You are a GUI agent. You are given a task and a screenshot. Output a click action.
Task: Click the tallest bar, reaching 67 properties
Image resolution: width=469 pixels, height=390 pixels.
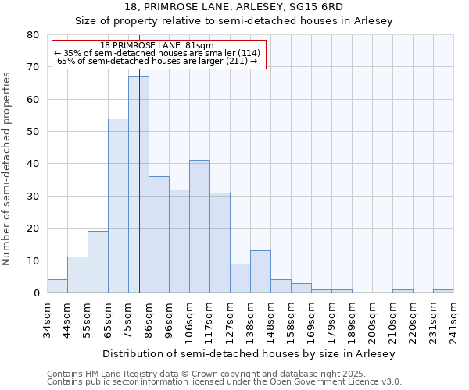coord(138,185)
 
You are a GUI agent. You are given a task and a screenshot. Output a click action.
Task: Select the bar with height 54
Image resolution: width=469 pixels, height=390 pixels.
coord(118,206)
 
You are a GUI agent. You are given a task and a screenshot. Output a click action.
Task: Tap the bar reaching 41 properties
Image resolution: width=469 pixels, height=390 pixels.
coord(199,226)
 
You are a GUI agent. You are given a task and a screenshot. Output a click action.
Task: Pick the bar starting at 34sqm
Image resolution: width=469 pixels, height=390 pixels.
coord(57,286)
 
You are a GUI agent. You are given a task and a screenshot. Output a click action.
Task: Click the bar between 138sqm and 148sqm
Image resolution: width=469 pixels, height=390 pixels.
coord(260,272)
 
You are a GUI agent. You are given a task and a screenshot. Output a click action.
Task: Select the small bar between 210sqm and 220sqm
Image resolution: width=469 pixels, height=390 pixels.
coord(403,291)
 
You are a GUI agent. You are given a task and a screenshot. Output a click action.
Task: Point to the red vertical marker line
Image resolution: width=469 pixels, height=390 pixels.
coord(139,156)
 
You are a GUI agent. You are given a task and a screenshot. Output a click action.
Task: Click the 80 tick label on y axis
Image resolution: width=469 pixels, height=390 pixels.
coord(33,35)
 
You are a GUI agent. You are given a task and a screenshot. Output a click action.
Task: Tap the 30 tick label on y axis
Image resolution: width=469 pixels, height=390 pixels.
coord(33,197)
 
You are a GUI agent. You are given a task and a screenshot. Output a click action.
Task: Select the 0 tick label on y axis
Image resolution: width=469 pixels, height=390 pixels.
coord(36,293)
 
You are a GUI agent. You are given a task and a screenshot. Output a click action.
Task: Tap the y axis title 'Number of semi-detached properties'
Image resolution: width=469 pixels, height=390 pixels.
coord(7,168)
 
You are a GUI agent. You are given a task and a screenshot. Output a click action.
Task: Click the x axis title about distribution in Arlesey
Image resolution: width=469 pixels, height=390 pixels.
coord(249,353)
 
